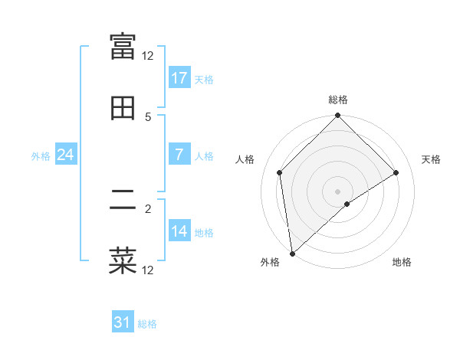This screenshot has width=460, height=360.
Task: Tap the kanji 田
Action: pyautogui.click(x=123, y=108)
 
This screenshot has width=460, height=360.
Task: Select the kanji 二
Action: pyautogui.click(x=123, y=199)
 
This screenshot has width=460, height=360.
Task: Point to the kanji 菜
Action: pyautogui.click(x=123, y=260)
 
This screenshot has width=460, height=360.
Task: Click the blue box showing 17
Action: pyautogui.click(x=179, y=78)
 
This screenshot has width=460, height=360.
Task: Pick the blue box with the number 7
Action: pyautogui.click(x=179, y=155)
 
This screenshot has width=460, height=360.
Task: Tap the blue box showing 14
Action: pyautogui.click(x=179, y=231)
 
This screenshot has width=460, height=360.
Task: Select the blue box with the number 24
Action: pyautogui.click(x=66, y=155)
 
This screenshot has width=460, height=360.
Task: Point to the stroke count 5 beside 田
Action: pyautogui.click(x=148, y=116)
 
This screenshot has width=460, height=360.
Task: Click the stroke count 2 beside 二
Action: pyautogui.click(x=148, y=208)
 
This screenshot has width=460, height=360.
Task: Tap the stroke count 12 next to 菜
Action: pyautogui.click(x=148, y=270)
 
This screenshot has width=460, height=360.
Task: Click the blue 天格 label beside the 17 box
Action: pyautogui.click(x=204, y=80)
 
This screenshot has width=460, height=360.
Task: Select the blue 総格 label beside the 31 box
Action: pyautogui.click(x=147, y=325)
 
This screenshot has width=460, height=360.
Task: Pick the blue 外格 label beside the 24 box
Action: pyautogui.click(x=41, y=156)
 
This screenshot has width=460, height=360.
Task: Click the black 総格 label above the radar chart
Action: pyautogui.click(x=338, y=100)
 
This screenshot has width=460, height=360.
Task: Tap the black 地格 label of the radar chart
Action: pyautogui.click(x=402, y=262)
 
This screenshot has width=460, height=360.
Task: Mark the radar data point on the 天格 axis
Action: pyautogui.click(x=396, y=172)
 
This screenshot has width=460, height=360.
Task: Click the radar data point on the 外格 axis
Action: pyautogui.click(x=292, y=253)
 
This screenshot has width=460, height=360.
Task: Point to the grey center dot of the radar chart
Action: pyautogui.click(x=338, y=191)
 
